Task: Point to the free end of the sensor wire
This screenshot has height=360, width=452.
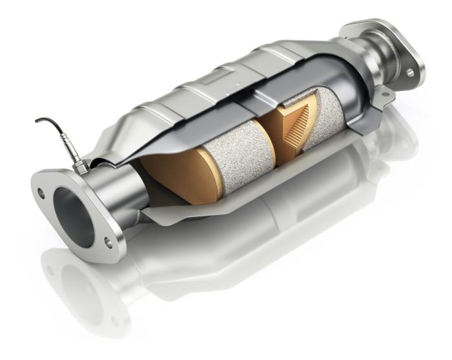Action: tap(37, 121)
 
